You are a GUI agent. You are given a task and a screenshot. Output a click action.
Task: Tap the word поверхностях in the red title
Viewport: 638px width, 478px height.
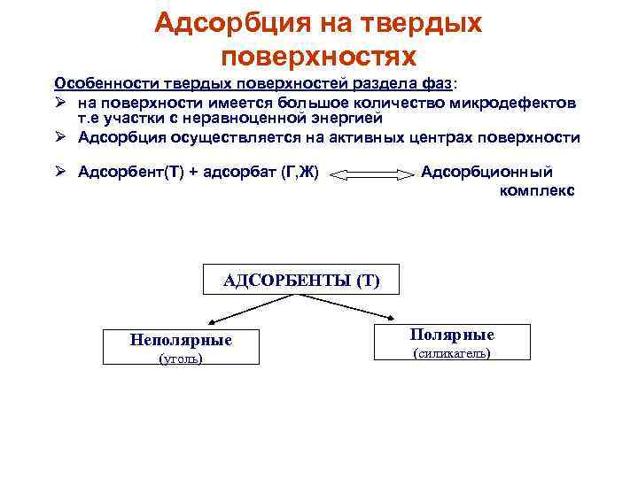[318, 58]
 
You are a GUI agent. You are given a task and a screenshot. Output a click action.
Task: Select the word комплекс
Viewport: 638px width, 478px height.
[537, 190]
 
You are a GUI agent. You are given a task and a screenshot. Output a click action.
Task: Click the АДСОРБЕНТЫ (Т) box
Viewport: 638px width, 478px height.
[301, 280]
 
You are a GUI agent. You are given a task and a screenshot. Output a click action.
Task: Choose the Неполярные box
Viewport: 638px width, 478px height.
[180, 347]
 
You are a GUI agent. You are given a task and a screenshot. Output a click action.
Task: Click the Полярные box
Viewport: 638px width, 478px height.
[453, 342]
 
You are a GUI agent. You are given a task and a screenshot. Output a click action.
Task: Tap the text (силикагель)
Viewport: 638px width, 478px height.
[453, 354]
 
